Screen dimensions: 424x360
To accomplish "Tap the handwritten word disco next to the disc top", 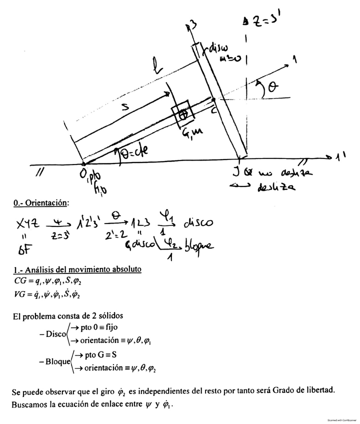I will click(217, 49).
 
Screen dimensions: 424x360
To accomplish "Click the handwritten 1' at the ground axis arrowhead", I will click(342, 156).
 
